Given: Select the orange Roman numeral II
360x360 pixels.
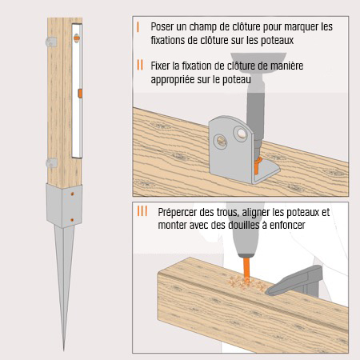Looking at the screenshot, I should click(x=140, y=66).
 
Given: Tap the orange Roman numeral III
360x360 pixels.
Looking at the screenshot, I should click(x=142, y=212).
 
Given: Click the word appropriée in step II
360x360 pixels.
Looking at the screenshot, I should click(x=180, y=79).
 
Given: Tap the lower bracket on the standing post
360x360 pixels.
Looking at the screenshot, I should click(x=51, y=162).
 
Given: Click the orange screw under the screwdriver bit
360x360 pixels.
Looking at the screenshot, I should click(x=258, y=163).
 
